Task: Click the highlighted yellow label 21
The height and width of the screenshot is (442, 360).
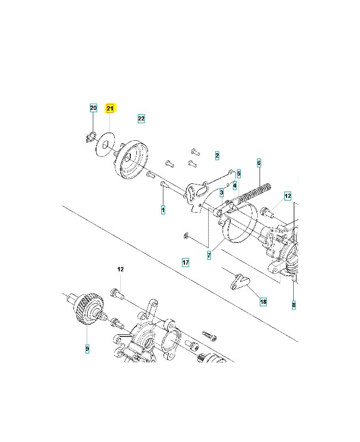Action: click(x=110, y=108)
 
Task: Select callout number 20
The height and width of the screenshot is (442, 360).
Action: click(x=93, y=108)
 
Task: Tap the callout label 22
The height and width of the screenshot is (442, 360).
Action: click(x=141, y=118)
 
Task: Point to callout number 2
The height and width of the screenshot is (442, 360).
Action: click(x=217, y=156)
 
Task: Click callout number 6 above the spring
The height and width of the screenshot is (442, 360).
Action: click(x=258, y=163)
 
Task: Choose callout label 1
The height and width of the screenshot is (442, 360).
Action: click(x=163, y=210)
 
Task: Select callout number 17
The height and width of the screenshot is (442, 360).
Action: click(x=186, y=262)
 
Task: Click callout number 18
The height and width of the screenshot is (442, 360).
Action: click(x=263, y=302)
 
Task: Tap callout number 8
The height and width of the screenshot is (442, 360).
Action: click(x=293, y=304)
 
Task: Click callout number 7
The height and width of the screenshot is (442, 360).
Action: click(x=209, y=255)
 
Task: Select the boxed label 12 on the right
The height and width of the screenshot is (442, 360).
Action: click(x=287, y=196)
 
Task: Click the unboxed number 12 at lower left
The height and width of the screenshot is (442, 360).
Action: click(x=120, y=269)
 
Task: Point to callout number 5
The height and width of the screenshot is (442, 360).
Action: click(x=239, y=173)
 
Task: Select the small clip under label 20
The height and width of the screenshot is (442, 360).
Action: click(x=92, y=138)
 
